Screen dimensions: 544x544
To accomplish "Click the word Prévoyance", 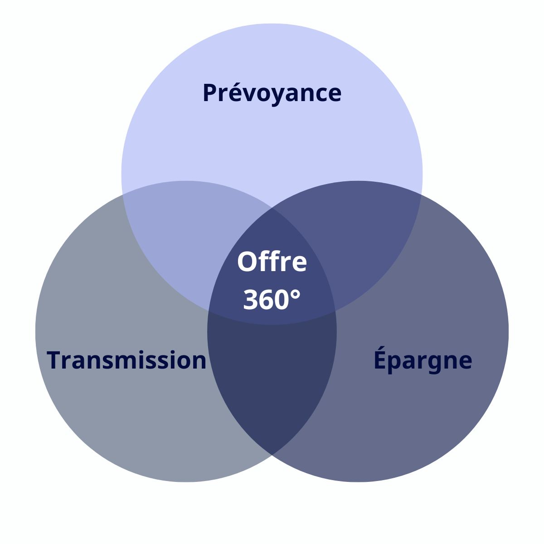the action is pyautogui.click(x=272, y=93).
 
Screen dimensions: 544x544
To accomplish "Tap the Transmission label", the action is pyautogui.click(x=126, y=359).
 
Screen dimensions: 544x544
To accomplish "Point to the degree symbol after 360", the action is pyautogui.click(x=295, y=294).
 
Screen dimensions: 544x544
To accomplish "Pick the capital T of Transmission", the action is pyautogui.click(x=54, y=359).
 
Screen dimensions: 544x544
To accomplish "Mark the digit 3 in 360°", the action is pyautogui.click(x=250, y=299).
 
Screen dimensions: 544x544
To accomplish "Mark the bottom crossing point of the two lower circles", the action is pyautogui.click(x=272, y=455).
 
